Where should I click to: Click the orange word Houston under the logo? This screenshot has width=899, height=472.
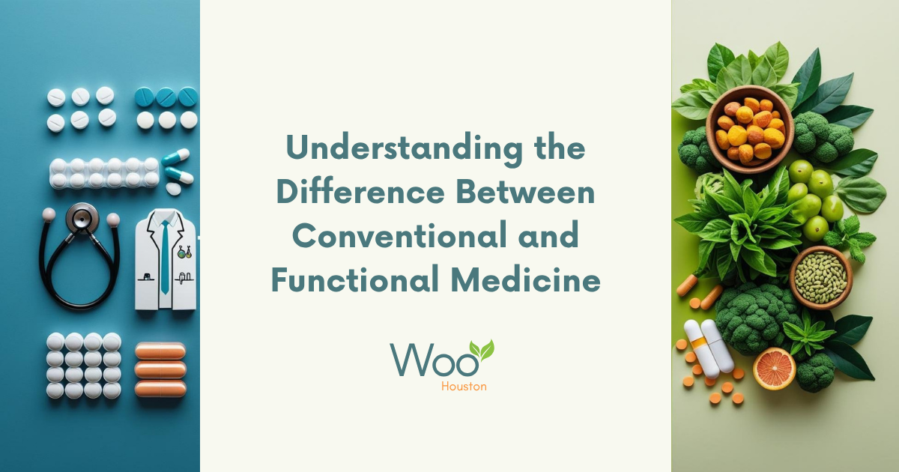[463, 387]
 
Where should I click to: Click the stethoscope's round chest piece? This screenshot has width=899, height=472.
[81, 218]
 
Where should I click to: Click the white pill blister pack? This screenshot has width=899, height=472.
[104, 172]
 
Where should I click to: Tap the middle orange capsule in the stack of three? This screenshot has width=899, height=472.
[160, 369]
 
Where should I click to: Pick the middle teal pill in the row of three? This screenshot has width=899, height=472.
[166, 97]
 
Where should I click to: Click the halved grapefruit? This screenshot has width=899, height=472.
[774, 368]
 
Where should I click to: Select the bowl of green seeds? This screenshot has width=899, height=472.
[820, 276]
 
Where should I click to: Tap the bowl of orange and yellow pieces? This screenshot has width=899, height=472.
[748, 130]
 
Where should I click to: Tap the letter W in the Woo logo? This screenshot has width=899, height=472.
[410, 362]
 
